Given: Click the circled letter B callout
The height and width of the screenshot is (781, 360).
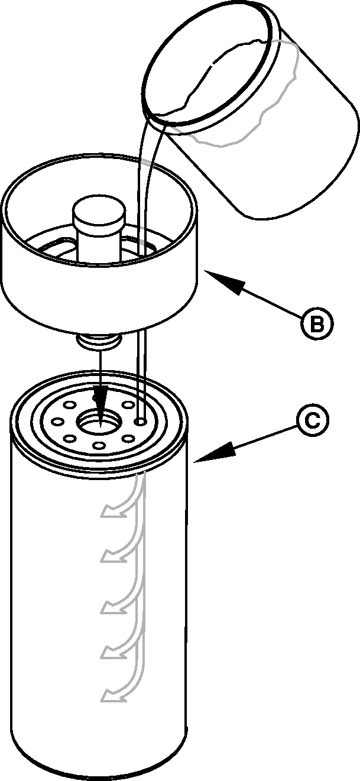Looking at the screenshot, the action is pos(317,323).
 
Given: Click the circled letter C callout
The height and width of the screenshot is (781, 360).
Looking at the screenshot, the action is pos(312,420).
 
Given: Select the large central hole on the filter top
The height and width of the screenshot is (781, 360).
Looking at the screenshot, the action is pos(99,421).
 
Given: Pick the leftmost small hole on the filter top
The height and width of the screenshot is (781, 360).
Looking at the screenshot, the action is pos(57,422).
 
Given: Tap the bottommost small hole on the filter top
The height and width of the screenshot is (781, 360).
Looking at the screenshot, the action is pos(99,445).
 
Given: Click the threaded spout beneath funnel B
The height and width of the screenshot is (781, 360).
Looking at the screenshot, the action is pos(99,341).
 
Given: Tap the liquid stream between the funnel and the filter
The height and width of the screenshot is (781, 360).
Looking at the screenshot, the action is pos(141,373).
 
